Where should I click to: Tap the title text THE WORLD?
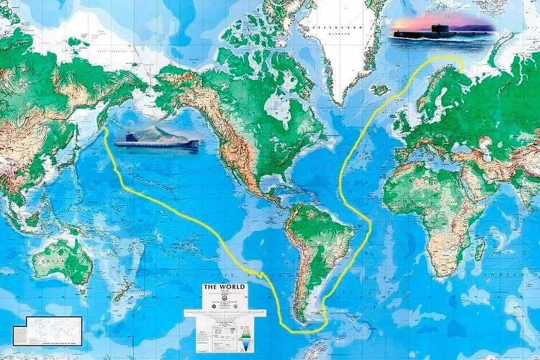224,287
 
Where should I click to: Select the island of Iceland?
379,90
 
